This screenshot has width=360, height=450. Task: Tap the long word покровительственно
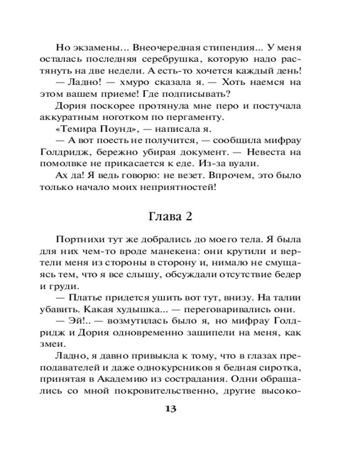coord(163,391)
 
